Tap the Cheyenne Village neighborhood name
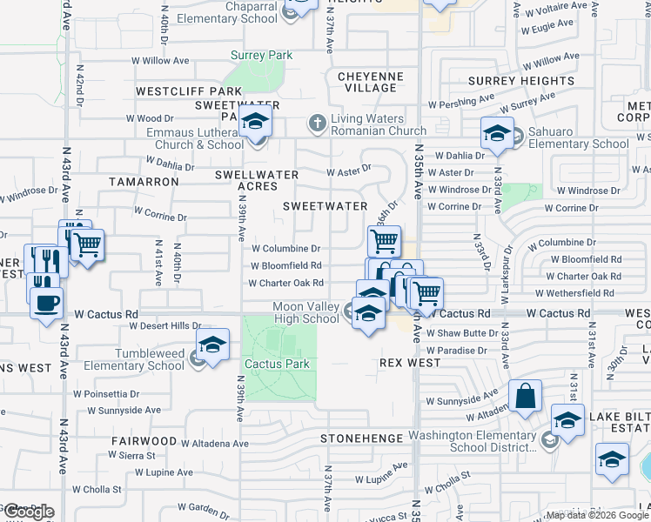[371, 82]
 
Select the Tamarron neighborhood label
[144, 182]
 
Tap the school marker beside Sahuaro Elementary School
[496, 135]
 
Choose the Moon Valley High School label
[305, 312]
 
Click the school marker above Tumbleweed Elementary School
[212, 345]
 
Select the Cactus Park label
[277, 363]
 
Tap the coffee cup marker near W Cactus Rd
[46, 304]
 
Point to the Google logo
[28, 512]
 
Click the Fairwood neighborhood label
[144, 442]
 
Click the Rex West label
[409, 363]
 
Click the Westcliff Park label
[188, 90]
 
